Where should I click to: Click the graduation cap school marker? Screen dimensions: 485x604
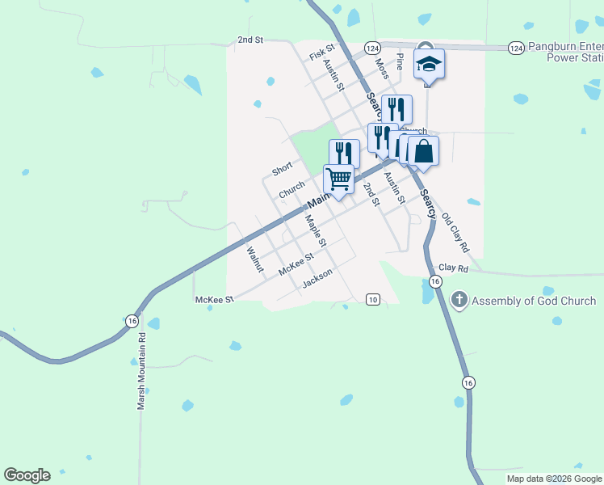coord(430,64)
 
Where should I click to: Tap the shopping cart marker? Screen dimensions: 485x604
coord(339,179)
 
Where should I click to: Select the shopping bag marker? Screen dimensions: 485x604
coord(423,150)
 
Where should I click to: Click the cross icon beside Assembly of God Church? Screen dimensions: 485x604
coord(459,301)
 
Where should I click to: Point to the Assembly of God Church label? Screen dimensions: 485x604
coord(534,302)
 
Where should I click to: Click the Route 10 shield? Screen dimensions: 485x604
coord(372,299)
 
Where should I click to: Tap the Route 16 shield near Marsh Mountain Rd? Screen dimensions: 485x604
coord(131,319)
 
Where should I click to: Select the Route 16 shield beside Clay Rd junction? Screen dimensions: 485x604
coord(435,281)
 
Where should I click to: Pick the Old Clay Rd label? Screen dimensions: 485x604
coord(455,233)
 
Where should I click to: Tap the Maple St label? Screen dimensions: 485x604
coord(315,230)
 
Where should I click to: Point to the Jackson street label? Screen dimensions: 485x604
coord(317,278)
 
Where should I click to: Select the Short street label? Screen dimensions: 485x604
coord(282,169)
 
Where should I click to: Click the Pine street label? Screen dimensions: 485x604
coord(398,62)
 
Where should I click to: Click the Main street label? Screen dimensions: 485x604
coord(319,198)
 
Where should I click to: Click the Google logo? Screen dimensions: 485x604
coord(27,475)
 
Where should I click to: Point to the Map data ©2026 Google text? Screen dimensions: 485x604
coord(553,479)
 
